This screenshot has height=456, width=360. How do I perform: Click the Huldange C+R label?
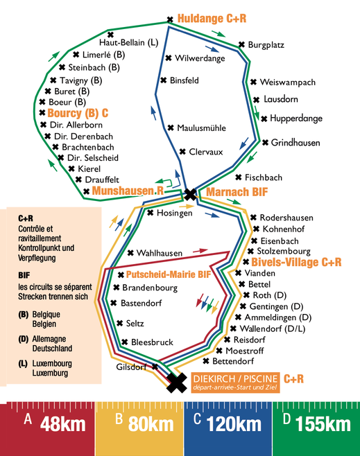[212, 18]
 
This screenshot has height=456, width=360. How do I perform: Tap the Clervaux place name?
[206, 152]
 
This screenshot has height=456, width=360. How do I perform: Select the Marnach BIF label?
[237, 192]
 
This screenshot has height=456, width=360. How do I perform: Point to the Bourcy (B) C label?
[78, 113]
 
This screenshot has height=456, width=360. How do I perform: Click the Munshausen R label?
[128, 191]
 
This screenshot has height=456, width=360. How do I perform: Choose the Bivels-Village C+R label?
[296, 262]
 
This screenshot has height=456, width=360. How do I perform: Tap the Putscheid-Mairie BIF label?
[169, 274]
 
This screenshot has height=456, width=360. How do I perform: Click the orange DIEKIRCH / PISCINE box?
[235, 383]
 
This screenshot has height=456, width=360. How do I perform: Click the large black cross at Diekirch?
[177, 383]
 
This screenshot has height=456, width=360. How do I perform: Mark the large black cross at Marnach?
[191, 194]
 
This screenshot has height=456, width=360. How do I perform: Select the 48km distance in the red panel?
[63, 424]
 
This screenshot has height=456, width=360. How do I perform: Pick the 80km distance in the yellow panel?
[151, 424]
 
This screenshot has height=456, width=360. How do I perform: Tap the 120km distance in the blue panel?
[234, 424]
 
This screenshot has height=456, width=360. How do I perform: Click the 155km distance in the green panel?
[323, 424]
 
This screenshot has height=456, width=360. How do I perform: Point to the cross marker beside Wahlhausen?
[130, 253]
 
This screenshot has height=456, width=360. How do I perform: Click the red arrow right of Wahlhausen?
[200, 250]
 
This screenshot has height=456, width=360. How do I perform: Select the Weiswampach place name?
[288, 82]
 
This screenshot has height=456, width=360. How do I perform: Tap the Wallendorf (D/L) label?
[273, 328]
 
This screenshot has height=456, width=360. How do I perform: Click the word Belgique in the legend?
[46, 315]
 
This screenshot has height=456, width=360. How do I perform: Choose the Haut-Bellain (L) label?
[128, 43]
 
